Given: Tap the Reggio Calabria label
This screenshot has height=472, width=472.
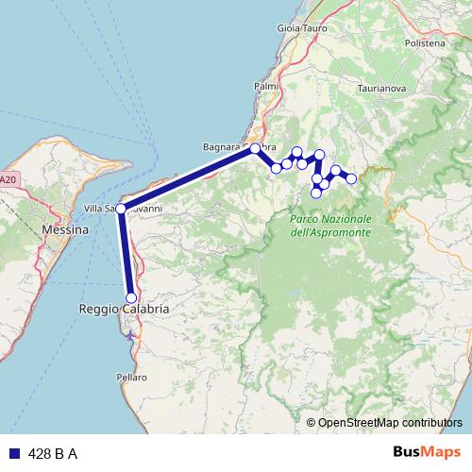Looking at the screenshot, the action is pos(123,310).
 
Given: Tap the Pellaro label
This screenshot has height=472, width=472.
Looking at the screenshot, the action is pos(133,377).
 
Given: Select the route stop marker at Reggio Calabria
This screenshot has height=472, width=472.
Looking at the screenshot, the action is pos(131,298).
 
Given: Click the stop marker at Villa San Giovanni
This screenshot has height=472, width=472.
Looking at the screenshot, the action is pos(120,209).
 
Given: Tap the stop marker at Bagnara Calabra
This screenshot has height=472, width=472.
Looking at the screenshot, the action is pos(255,148).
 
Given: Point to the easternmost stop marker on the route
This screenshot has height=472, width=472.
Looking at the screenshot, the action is pos(351,178).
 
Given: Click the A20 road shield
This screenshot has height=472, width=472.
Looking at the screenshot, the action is pos(8,178).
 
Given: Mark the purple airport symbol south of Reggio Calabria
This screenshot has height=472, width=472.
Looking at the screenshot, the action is pos(130,333).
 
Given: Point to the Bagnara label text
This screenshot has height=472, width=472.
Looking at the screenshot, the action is pos(222,147).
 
